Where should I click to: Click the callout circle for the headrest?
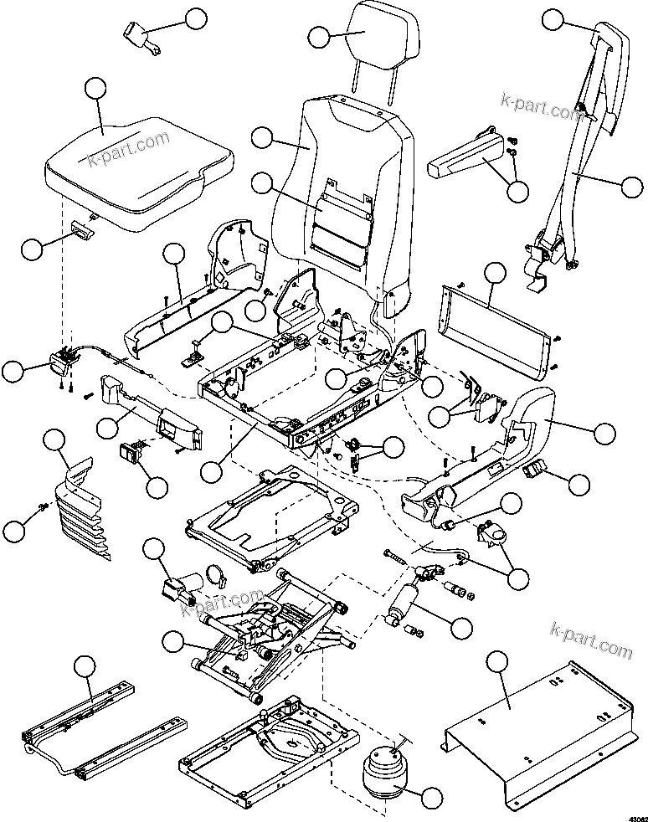[x=318, y=37]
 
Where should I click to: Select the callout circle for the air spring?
[x=431, y=799]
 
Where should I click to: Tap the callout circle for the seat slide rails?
[x=84, y=666]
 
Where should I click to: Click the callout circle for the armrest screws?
[x=517, y=190]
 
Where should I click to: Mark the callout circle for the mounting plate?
[x=496, y=662]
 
